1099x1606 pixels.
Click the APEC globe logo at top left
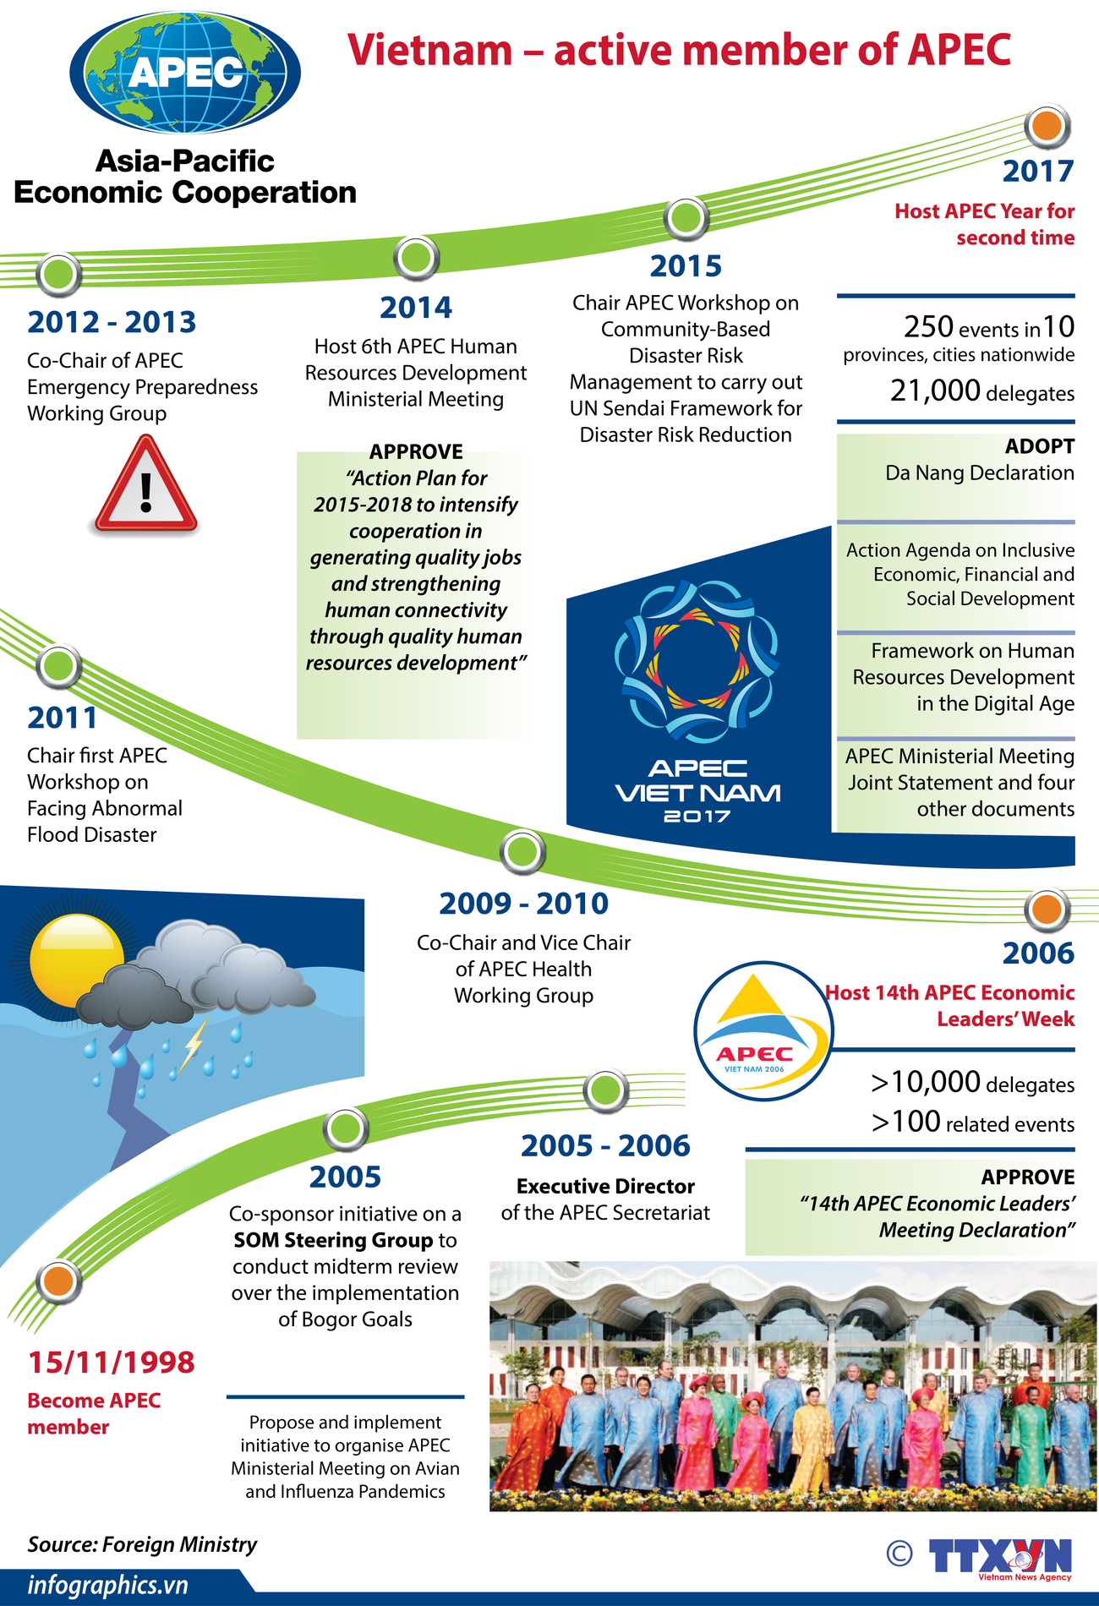point(185,73)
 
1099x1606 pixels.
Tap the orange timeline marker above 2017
point(1047,126)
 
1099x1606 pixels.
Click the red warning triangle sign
point(146,485)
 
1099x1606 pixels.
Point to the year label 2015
point(686,266)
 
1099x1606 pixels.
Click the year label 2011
point(63,718)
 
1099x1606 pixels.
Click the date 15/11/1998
point(111,1362)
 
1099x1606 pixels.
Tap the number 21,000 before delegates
point(935,391)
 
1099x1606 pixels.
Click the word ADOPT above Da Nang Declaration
point(1039,446)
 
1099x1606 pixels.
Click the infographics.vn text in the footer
point(107,1585)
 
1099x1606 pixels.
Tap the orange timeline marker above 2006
point(1047,910)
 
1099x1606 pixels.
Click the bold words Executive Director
point(605,1186)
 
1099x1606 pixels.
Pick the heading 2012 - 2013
point(112,322)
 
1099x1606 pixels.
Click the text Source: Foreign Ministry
point(142,1544)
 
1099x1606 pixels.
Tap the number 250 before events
point(928,326)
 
